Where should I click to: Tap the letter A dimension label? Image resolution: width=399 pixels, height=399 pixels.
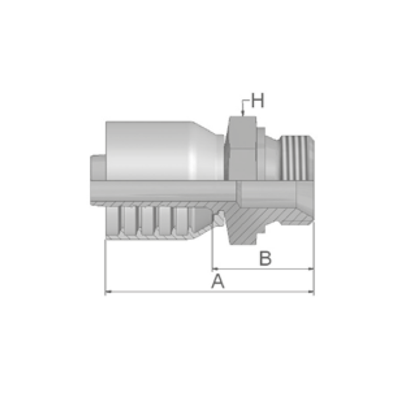[x=218, y=281]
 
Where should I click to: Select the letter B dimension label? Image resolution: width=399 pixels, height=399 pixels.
[x=265, y=258]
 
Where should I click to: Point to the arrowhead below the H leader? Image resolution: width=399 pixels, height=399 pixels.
[x=243, y=113]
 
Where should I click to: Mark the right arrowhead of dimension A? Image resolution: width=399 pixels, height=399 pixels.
[x=311, y=292]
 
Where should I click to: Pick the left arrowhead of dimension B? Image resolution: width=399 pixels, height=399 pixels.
[x=215, y=269]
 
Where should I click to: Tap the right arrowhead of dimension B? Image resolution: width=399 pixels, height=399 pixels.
[x=311, y=269]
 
